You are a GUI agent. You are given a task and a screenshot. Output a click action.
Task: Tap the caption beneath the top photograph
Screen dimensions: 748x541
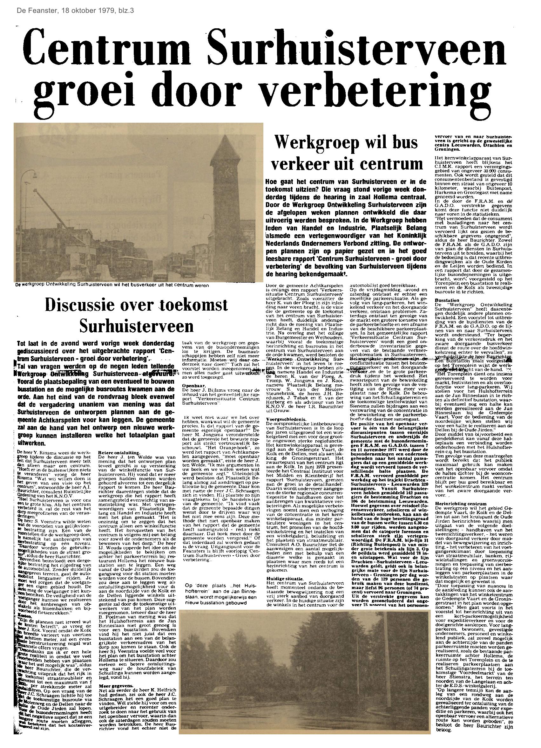112,285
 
